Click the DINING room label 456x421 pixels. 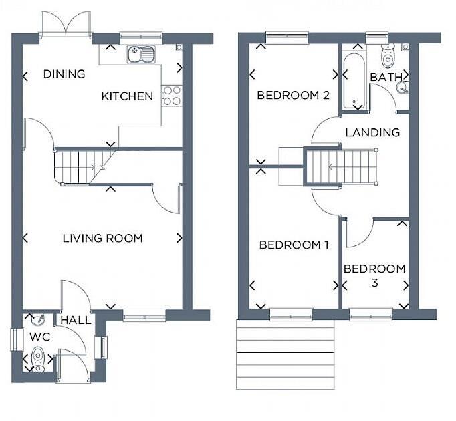pyautogui.click(x=64, y=74)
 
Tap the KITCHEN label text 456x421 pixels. pyautogui.click(x=127, y=96)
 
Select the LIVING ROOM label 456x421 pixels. pyautogui.click(x=102, y=238)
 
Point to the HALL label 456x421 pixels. pyautogui.click(x=76, y=321)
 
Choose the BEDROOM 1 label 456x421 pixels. pyautogui.click(x=294, y=245)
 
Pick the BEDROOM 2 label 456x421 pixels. pyautogui.click(x=293, y=95)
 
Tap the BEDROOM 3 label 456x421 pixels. pyautogui.click(x=374, y=275)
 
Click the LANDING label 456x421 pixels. pyautogui.click(x=372, y=132)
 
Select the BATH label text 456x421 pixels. pyautogui.click(x=386, y=77)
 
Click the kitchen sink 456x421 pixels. pyautogui.click(x=140, y=53)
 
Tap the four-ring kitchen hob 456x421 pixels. pyautogui.click(x=172, y=96)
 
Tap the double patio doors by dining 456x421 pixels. pyautogui.click(x=66, y=25)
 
